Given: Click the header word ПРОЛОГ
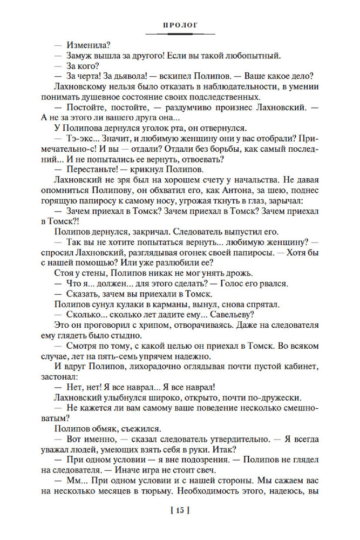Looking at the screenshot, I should (x=179, y=24).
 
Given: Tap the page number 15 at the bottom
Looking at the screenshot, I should (x=180, y=509).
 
